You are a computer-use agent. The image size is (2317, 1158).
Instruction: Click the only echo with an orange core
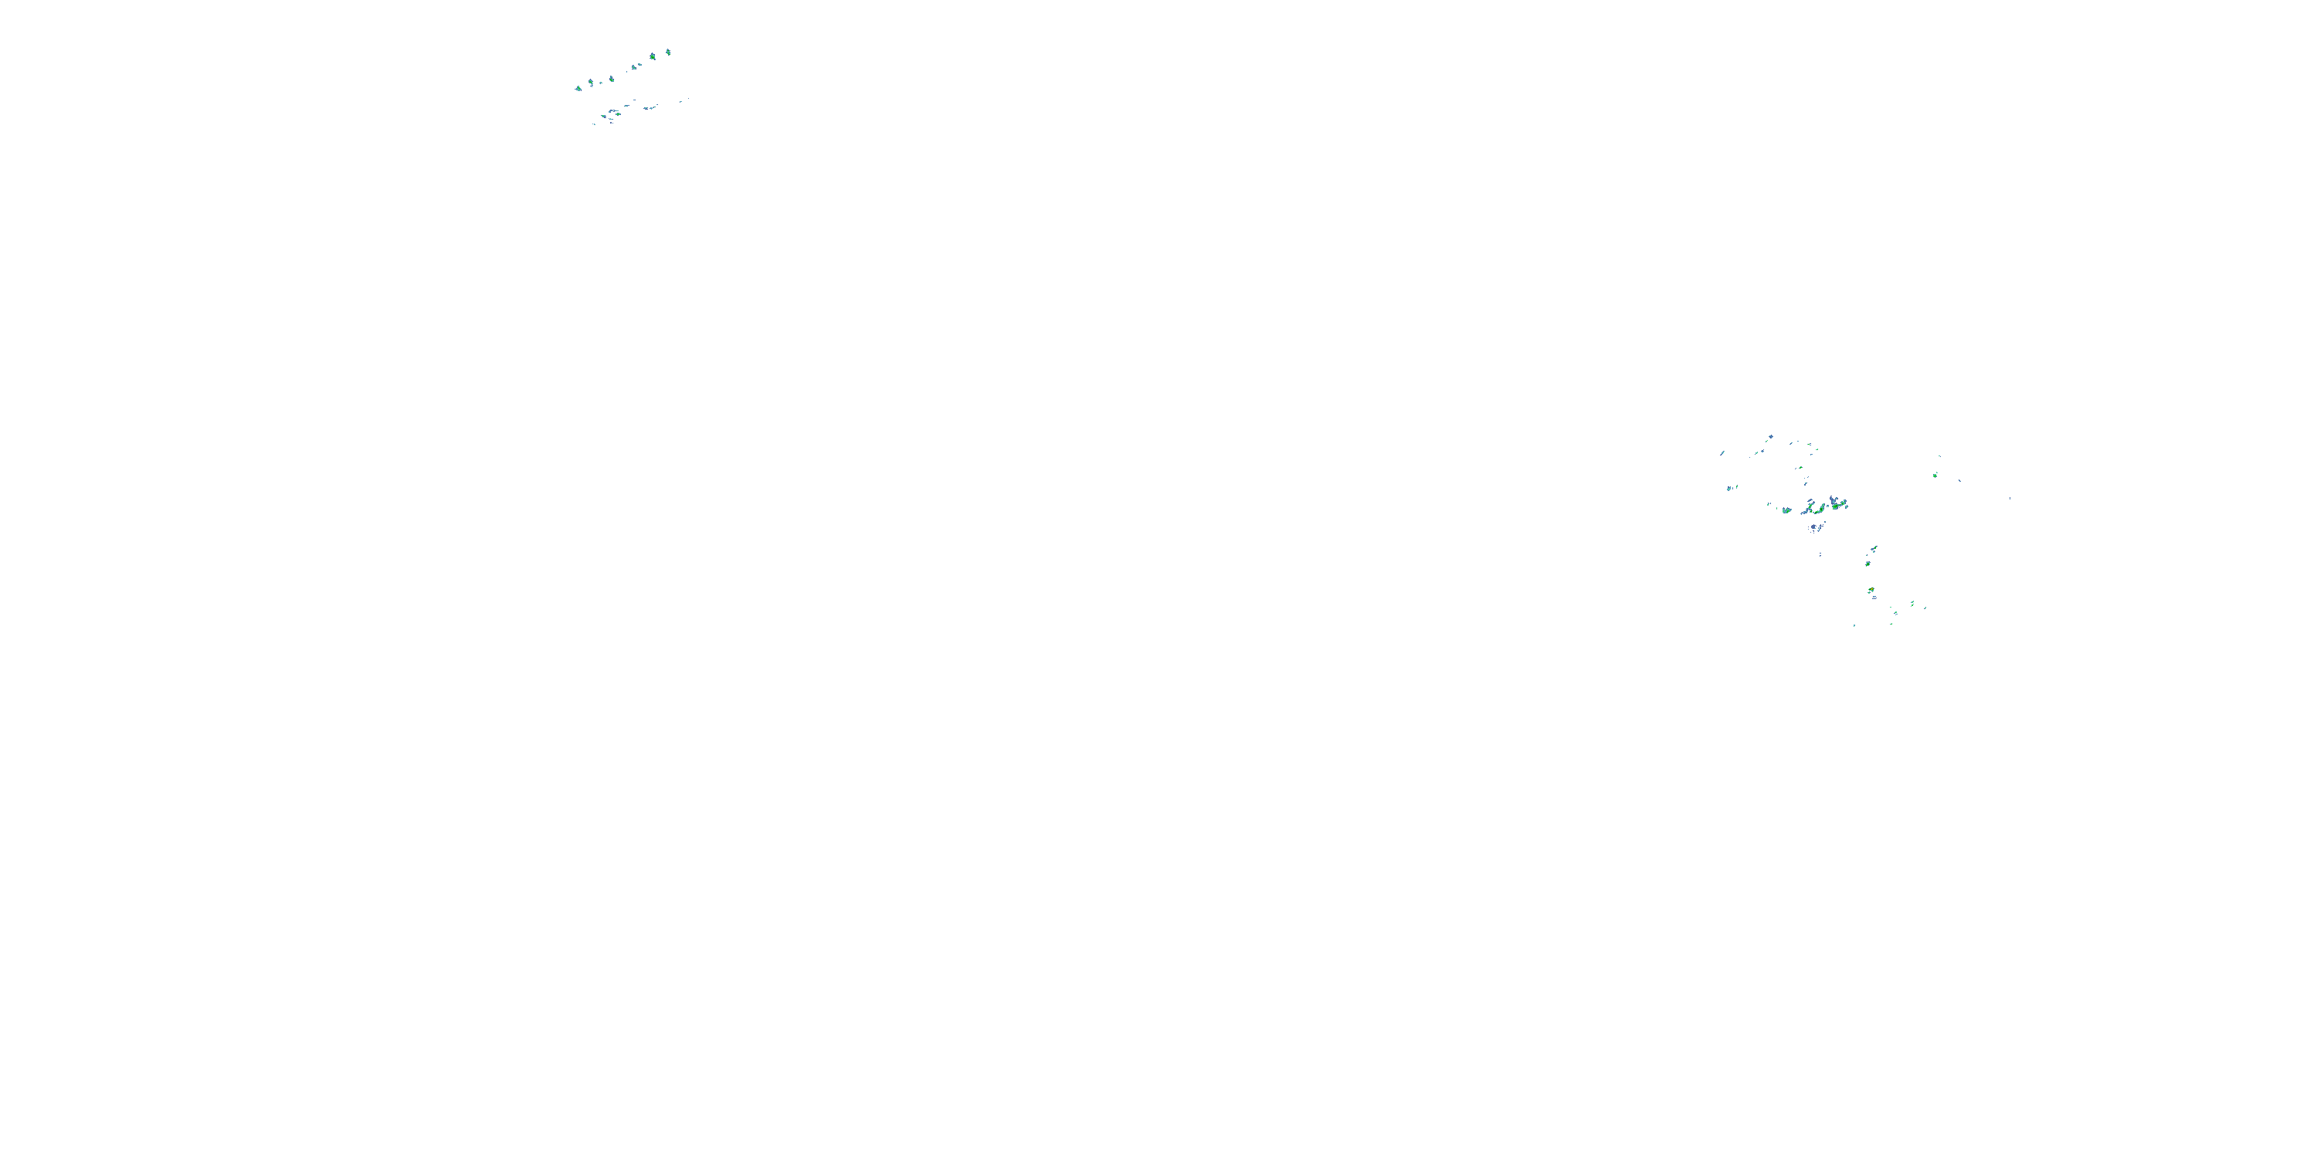pyautogui.click(x=1871, y=591)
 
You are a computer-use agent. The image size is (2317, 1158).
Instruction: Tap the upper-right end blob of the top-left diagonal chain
pyautogui.click(x=667, y=53)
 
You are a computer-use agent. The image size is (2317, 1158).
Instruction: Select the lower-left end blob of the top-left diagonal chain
pyautogui.click(x=578, y=87)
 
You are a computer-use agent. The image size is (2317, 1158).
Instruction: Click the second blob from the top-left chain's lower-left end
pyautogui.click(x=591, y=83)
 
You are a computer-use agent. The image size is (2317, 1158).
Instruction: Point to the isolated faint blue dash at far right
pyautogui.click(x=2010, y=498)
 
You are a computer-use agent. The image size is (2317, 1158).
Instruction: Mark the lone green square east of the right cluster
pyautogui.click(x=1935, y=475)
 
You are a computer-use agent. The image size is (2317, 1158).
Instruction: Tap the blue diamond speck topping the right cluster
pyautogui.click(x=1770, y=437)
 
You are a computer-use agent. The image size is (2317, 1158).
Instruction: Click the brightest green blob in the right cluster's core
pyautogui.click(x=1836, y=506)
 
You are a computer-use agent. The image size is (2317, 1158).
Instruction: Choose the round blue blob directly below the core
pyautogui.click(x=1815, y=527)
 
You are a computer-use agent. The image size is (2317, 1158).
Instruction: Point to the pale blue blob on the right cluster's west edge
pyautogui.click(x=1728, y=488)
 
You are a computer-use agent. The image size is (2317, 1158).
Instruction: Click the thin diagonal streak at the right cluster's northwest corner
pyautogui.click(x=1722, y=452)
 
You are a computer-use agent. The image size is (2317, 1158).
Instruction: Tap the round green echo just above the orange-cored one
pyautogui.click(x=1868, y=564)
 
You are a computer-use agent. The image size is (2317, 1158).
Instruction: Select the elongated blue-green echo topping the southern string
pyautogui.click(x=1874, y=547)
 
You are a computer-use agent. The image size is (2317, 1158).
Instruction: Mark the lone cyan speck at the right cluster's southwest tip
pyautogui.click(x=1854, y=625)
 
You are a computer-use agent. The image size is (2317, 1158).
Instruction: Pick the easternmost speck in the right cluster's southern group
pyautogui.click(x=1925, y=608)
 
